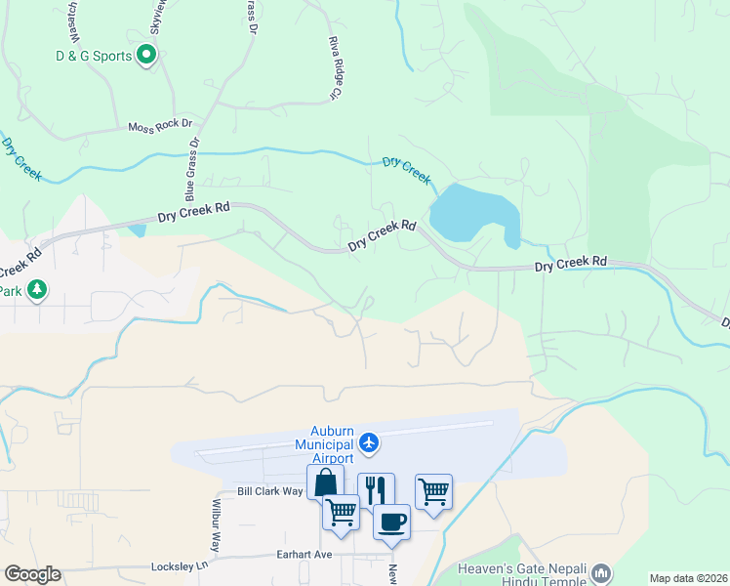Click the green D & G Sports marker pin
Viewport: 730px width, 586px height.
point(146,56)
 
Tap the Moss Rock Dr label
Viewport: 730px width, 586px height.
point(161,126)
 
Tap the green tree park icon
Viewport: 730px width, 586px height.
point(37,290)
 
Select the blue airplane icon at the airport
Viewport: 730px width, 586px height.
point(369,443)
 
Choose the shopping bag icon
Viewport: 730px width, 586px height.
point(325,482)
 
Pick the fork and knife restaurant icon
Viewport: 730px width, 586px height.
point(376,489)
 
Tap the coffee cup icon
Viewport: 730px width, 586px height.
point(391,521)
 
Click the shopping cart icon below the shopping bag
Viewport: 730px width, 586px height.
point(341,512)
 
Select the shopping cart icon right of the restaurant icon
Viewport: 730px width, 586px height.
point(433,490)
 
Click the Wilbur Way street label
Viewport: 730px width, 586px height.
point(217,528)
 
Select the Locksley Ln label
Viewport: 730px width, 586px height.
point(181,565)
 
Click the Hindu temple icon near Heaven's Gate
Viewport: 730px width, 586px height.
point(601,571)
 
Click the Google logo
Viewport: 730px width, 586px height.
point(32,574)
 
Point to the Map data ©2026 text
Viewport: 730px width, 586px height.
point(689,577)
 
